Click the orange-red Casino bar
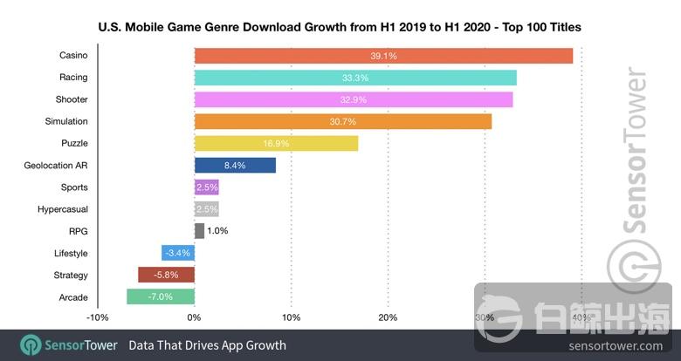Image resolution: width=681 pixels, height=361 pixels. [383, 56]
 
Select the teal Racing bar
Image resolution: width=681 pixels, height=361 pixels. [355, 78]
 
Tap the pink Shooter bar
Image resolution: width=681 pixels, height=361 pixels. [354, 99]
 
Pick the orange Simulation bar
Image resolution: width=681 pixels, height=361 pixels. [343, 121]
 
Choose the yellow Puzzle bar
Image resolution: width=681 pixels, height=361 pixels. [276, 143]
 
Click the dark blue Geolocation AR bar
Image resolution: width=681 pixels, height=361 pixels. [235, 165]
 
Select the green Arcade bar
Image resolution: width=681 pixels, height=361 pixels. [161, 296]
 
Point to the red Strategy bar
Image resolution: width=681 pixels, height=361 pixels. [166, 275]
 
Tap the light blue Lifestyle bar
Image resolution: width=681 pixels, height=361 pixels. [178, 253]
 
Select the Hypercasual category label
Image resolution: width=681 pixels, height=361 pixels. [63, 209]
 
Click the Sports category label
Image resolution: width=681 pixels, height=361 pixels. [74, 187]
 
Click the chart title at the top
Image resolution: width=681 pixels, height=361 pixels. [340, 28]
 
